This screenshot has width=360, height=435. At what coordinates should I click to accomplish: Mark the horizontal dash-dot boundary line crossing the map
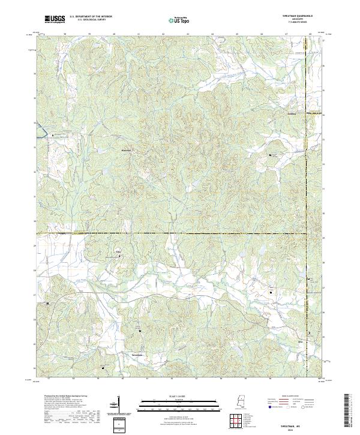point(180,233)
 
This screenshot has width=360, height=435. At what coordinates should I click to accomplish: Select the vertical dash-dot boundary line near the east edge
point(307,180)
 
